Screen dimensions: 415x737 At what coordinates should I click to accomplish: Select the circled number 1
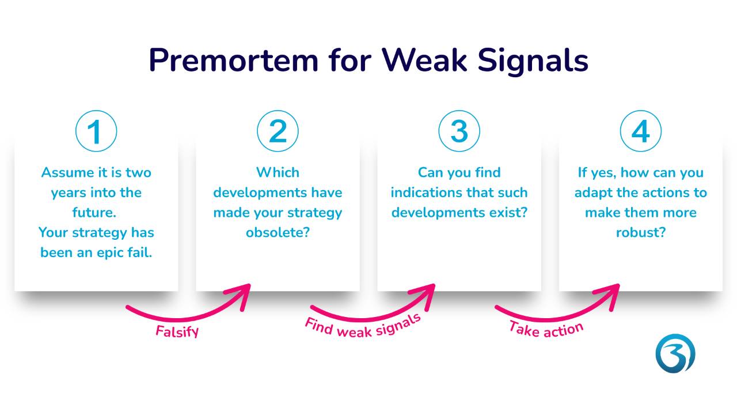tap(96, 131)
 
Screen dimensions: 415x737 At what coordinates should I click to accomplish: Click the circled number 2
tap(278, 131)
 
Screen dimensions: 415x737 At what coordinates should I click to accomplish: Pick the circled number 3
tap(459, 131)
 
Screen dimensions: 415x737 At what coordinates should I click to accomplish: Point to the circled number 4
tap(640, 131)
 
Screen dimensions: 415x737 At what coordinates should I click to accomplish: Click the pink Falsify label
tap(177, 332)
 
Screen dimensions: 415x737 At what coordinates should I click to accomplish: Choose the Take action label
tap(546, 329)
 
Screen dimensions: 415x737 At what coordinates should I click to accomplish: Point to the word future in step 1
tap(94, 213)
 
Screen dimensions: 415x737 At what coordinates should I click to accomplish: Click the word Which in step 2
tap(278, 172)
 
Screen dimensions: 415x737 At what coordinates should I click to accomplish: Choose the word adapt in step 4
tap(594, 193)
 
